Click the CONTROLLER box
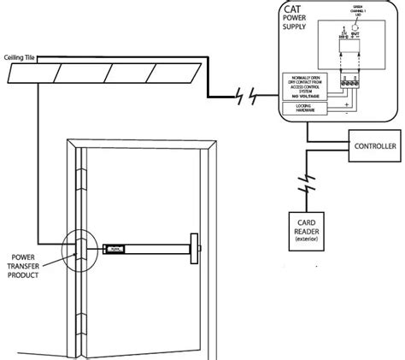coord(373,148)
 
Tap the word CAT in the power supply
coord(295,11)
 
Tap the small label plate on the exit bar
coord(113,250)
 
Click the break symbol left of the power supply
coord(244,98)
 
